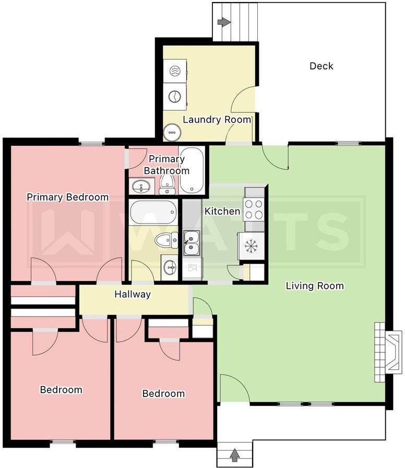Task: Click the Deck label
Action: (321, 66)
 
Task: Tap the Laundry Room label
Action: (217, 120)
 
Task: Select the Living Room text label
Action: (315, 286)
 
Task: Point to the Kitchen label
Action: (222, 212)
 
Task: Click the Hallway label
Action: (133, 295)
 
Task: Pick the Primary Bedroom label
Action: (68, 197)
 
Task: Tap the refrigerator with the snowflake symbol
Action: (251, 246)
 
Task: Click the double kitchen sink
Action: (191, 243)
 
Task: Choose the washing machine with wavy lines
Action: (175, 71)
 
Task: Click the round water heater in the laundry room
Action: (172, 132)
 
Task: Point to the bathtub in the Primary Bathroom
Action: (192, 170)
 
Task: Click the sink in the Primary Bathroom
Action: (141, 186)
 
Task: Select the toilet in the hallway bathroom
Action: (166, 240)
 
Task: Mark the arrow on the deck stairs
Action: (224, 22)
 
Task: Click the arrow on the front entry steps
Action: (235, 455)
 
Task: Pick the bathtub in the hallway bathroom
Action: (153, 213)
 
